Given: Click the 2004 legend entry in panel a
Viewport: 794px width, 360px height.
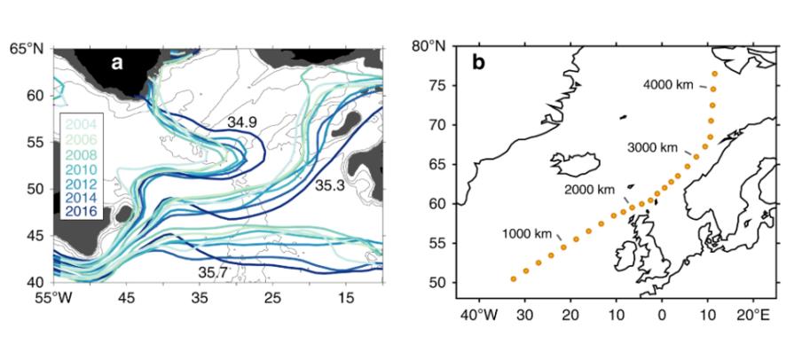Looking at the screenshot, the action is click(x=81, y=123).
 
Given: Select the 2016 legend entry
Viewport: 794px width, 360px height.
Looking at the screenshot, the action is click(x=81, y=214).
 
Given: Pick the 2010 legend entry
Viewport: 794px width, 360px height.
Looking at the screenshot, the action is click(x=81, y=168).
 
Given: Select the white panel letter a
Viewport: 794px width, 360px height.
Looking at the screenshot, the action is click(x=117, y=63).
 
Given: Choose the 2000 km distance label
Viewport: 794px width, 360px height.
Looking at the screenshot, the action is click(x=589, y=190).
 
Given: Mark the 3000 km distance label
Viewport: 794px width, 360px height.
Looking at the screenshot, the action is click(x=652, y=148).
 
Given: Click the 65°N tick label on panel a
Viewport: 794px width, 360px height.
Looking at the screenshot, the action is click(x=27, y=50).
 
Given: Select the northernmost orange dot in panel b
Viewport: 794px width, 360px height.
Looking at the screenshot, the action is click(x=714, y=74).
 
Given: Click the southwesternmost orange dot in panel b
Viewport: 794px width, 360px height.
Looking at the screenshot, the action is click(x=514, y=279).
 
